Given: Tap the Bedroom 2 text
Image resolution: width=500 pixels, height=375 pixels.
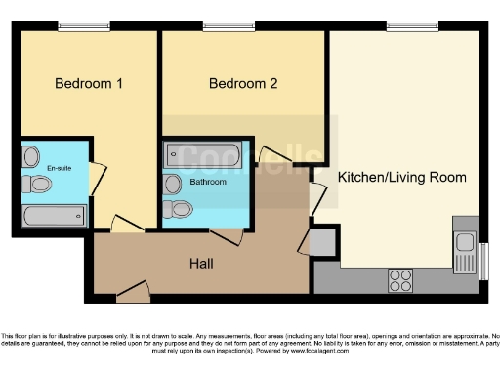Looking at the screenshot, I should point(243,84).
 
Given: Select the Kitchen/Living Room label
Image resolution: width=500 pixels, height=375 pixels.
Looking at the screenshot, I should point(401,178).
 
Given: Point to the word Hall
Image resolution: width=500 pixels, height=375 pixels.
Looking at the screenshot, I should point(201,263).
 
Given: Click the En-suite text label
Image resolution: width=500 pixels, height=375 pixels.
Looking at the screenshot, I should point(59,167).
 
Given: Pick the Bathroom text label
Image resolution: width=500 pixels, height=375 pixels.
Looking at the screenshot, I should point(207,182).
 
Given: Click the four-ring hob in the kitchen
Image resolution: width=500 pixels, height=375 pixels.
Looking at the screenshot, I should point(400,281).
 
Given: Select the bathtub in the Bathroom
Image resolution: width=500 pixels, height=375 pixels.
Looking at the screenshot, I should point(200,155).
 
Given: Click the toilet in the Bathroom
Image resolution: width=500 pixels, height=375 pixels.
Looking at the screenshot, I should point(180,210).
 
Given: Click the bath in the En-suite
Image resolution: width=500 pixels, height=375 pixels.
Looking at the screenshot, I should point(53,216).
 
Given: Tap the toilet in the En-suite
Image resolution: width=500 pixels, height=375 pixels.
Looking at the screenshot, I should point(30,156).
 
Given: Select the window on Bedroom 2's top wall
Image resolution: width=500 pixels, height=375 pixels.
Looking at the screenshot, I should point(216,26).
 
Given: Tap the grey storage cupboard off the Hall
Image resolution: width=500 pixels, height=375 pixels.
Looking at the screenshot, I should point(323,242).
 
